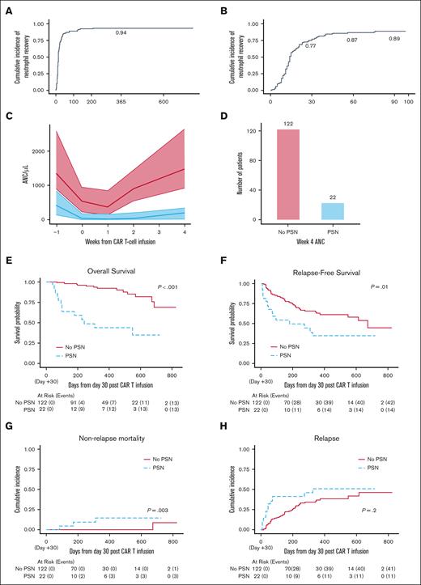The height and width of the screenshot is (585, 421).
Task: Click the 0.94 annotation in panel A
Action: click(121, 32)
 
